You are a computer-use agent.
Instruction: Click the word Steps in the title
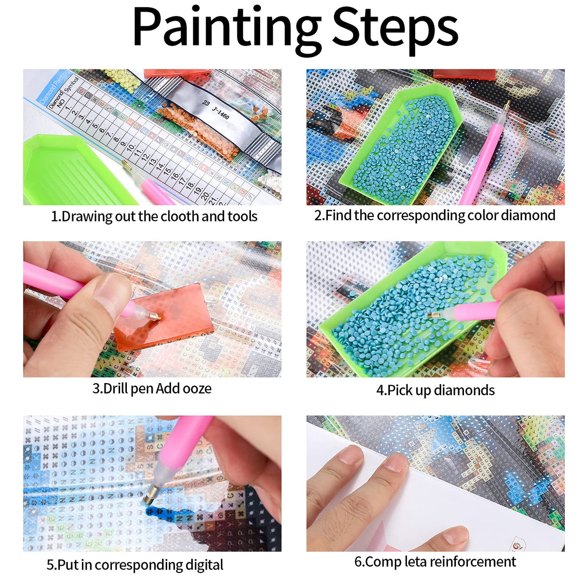(x=395, y=28)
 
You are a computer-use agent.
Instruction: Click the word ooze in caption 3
(x=197, y=388)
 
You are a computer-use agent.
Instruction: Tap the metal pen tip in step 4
(x=433, y=315)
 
